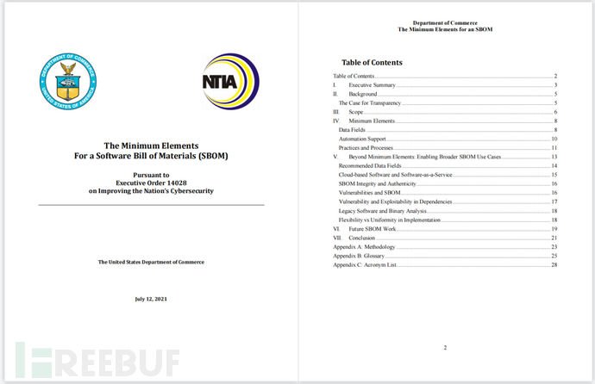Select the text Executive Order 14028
pyautogui.click(x=151, y=183)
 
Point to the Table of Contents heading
pyautogui.click(x=372, y=63)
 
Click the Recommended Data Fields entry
pyautogui.click(x=376, y=165)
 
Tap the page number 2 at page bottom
pyautogui.click(x=445, y=347)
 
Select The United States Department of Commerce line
pyautogui.click(x=151, y=262)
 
